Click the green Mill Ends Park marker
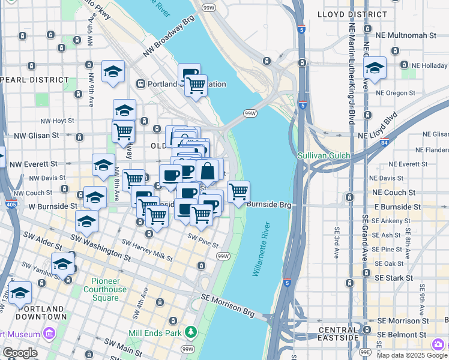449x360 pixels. tap(191, 331)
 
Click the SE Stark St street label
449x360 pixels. tap(394, 278)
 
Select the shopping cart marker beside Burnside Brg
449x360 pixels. tap(239, 192)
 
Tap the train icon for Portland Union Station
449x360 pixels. tap(142, 84)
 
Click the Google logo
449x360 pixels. tap(19, 353)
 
